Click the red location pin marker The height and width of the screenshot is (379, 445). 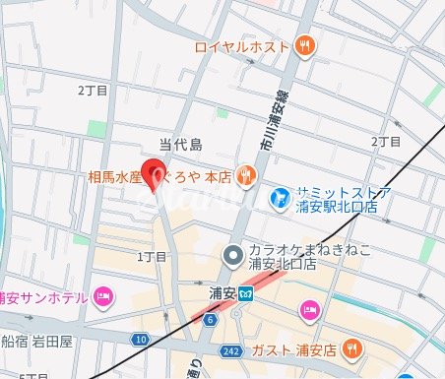(x=155, y=172)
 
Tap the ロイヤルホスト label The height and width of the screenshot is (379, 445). (x=241, y=45)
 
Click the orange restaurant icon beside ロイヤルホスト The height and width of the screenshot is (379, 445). (x=306, y=45)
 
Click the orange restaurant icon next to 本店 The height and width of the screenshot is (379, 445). (x=246, y=176)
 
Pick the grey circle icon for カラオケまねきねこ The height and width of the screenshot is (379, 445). (x=232, y=256)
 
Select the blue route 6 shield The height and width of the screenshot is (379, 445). (x=210, y=320)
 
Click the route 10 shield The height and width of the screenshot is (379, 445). (x=143, y=339)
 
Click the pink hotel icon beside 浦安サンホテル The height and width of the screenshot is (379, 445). (x=103, y=296)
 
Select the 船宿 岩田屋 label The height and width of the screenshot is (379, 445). (x=37, y=343)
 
